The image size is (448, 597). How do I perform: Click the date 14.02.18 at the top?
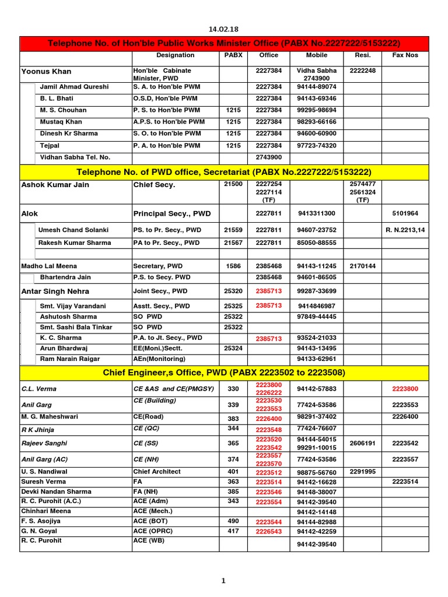point(224,29)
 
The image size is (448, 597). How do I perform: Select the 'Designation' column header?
point(176,55)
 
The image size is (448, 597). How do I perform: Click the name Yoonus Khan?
point(46,72)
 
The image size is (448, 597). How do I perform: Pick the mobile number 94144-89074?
point(317,87)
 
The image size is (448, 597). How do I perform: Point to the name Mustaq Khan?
point(61,122)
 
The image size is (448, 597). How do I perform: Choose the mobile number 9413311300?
point(317,213)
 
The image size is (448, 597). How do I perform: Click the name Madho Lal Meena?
point(46,266)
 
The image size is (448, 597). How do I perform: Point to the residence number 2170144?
point(363,266)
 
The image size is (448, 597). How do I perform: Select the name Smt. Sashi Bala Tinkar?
point(76,327)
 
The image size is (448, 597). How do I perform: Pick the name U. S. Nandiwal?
point(44,472)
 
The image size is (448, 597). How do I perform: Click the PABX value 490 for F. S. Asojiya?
point(233,521)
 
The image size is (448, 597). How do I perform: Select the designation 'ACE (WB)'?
point(149,540)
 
